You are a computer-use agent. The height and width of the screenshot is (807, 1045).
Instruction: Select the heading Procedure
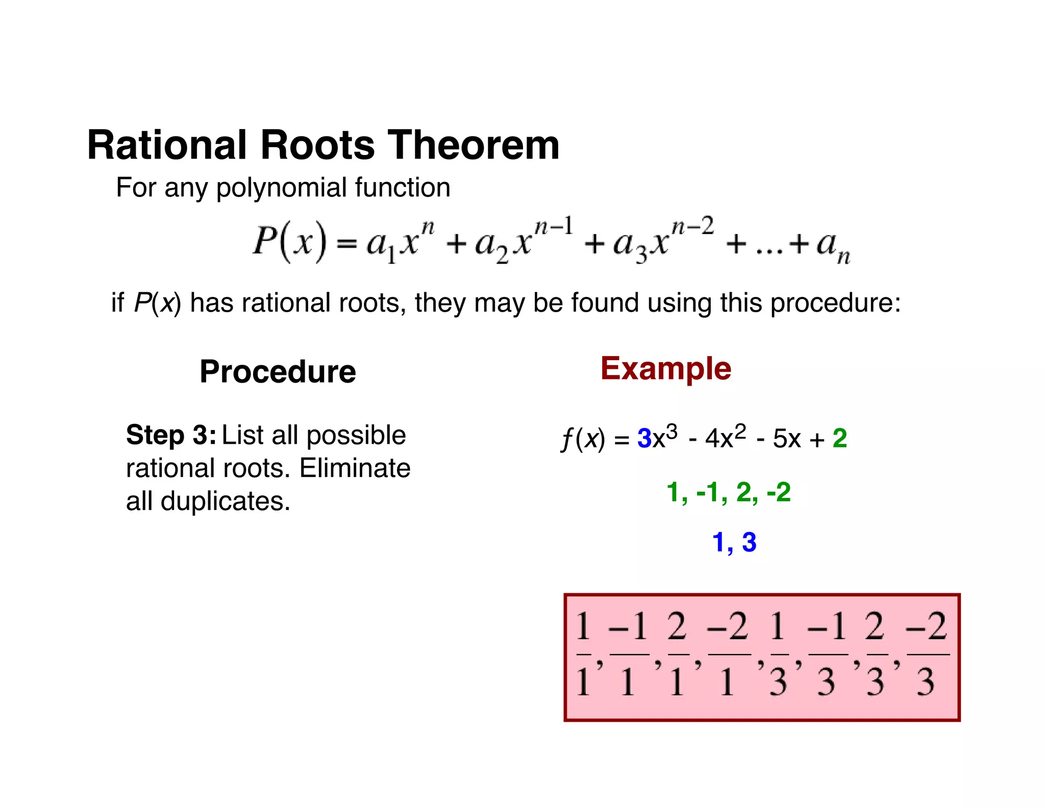coord(278,371)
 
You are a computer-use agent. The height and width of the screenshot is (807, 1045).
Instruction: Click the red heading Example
coord(665,368)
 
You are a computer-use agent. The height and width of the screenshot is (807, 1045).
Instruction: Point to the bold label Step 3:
coord(171,435)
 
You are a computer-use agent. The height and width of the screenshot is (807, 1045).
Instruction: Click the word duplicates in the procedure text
coord(225,501)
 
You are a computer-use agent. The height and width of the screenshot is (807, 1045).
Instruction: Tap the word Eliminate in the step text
coord(355,468)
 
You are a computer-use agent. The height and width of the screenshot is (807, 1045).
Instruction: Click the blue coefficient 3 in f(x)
coord(644,438)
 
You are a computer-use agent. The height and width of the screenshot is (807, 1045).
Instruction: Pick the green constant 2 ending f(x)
coord(839,438)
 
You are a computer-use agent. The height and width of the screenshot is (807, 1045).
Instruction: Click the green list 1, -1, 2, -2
coord(729,492)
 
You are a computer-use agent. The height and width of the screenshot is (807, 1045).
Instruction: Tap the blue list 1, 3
coord(734,542)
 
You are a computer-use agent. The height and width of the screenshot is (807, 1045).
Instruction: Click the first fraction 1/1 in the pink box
coord(583,654)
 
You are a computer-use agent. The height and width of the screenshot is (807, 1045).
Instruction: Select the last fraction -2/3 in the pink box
coord(927,654)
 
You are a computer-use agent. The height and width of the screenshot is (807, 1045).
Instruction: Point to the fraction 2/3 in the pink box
coord(876,654)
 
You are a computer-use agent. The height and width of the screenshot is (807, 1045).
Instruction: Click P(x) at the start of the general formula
coord(289,241)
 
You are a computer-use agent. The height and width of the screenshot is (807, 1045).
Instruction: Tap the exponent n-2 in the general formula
coord(692,226)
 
